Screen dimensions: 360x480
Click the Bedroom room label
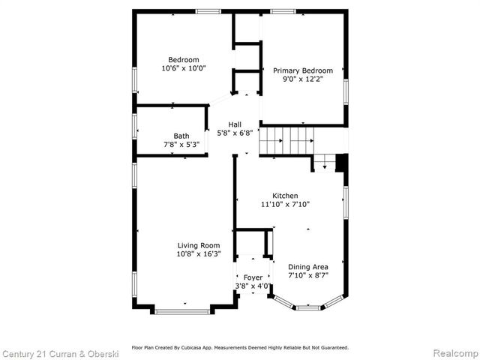pos(183,60)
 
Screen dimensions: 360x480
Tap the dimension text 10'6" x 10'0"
pos(183,68)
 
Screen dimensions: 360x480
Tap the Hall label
pos(235,125)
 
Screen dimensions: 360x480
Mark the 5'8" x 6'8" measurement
pos(235,133)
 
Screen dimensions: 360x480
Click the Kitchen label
pos(285,195)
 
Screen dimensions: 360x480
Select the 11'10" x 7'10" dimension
pos(285,204)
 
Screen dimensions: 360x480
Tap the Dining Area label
pos(308,267)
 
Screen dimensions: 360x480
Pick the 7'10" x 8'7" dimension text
pos(308,275)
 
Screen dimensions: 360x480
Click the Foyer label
pos(253,277)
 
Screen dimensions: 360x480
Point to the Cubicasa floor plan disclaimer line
pos(240,347)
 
